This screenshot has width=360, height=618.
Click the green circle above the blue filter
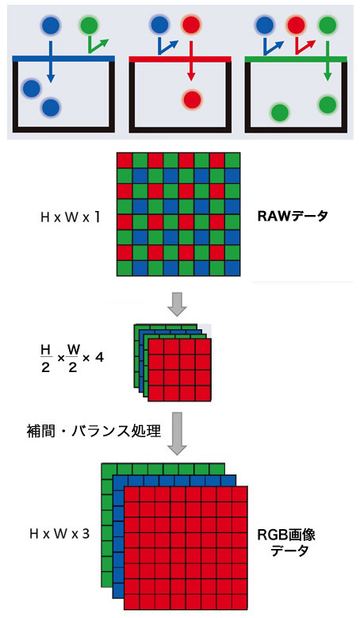point(90,25)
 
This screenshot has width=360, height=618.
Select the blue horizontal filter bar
point(63,59)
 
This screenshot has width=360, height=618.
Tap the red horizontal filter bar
point(180,59)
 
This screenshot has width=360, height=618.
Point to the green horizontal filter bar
point(296,59)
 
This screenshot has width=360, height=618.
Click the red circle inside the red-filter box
point(192,99)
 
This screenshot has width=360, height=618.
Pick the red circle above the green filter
point(296,25)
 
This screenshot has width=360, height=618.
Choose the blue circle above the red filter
point(160,25)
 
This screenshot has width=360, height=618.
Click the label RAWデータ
point(293,216)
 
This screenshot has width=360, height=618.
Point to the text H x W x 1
point(70,217)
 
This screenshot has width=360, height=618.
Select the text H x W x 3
point(59,534)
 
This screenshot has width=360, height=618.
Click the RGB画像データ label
point(286,543)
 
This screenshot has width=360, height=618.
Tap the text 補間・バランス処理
point(94,431)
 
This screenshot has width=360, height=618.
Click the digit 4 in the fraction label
point(99,357)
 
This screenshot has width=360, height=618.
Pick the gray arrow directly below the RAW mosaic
point(178,304)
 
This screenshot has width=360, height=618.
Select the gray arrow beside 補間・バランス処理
point(177,434)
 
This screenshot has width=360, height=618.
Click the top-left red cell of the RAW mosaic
point(124,160)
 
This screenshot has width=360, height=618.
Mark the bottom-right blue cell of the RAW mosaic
point(232,268)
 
